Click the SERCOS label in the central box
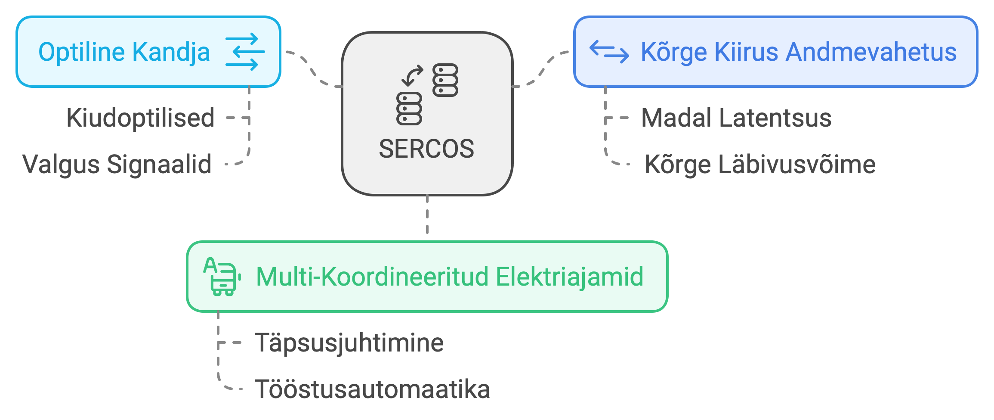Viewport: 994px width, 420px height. coord(426,149)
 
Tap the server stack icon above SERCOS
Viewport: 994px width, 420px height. coord(427,94)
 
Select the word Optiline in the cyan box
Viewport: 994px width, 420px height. coord(81,52)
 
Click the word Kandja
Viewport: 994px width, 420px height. coord(171,52)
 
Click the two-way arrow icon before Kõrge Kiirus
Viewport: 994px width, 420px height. coord(609,52)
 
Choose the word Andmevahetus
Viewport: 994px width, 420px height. coord(871,52)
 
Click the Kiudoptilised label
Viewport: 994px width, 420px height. coord(140,118)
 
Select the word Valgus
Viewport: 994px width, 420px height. coord(61,165)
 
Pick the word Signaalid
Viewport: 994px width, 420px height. coord(159,165)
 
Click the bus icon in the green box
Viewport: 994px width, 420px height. coord(222,277)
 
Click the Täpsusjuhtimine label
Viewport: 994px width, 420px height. coord(349,343)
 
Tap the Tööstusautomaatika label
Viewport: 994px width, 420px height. coord(372,389)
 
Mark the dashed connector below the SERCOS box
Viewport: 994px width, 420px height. coord(427,215)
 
